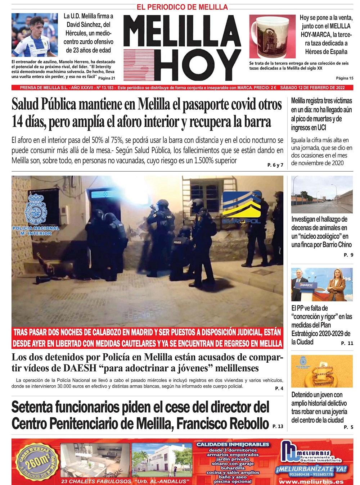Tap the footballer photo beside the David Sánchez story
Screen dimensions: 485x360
point(35,35)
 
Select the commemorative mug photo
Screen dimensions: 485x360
point(272,37)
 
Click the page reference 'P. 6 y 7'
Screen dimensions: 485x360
point(275,165)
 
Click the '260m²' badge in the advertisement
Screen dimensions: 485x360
point(35,461)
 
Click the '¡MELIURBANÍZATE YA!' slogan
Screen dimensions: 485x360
point(316,468)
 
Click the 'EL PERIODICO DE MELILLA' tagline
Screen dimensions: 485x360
point(182,7)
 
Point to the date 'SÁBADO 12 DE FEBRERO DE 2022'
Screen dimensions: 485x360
point(314,87)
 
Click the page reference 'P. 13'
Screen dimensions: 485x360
point(278,426)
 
